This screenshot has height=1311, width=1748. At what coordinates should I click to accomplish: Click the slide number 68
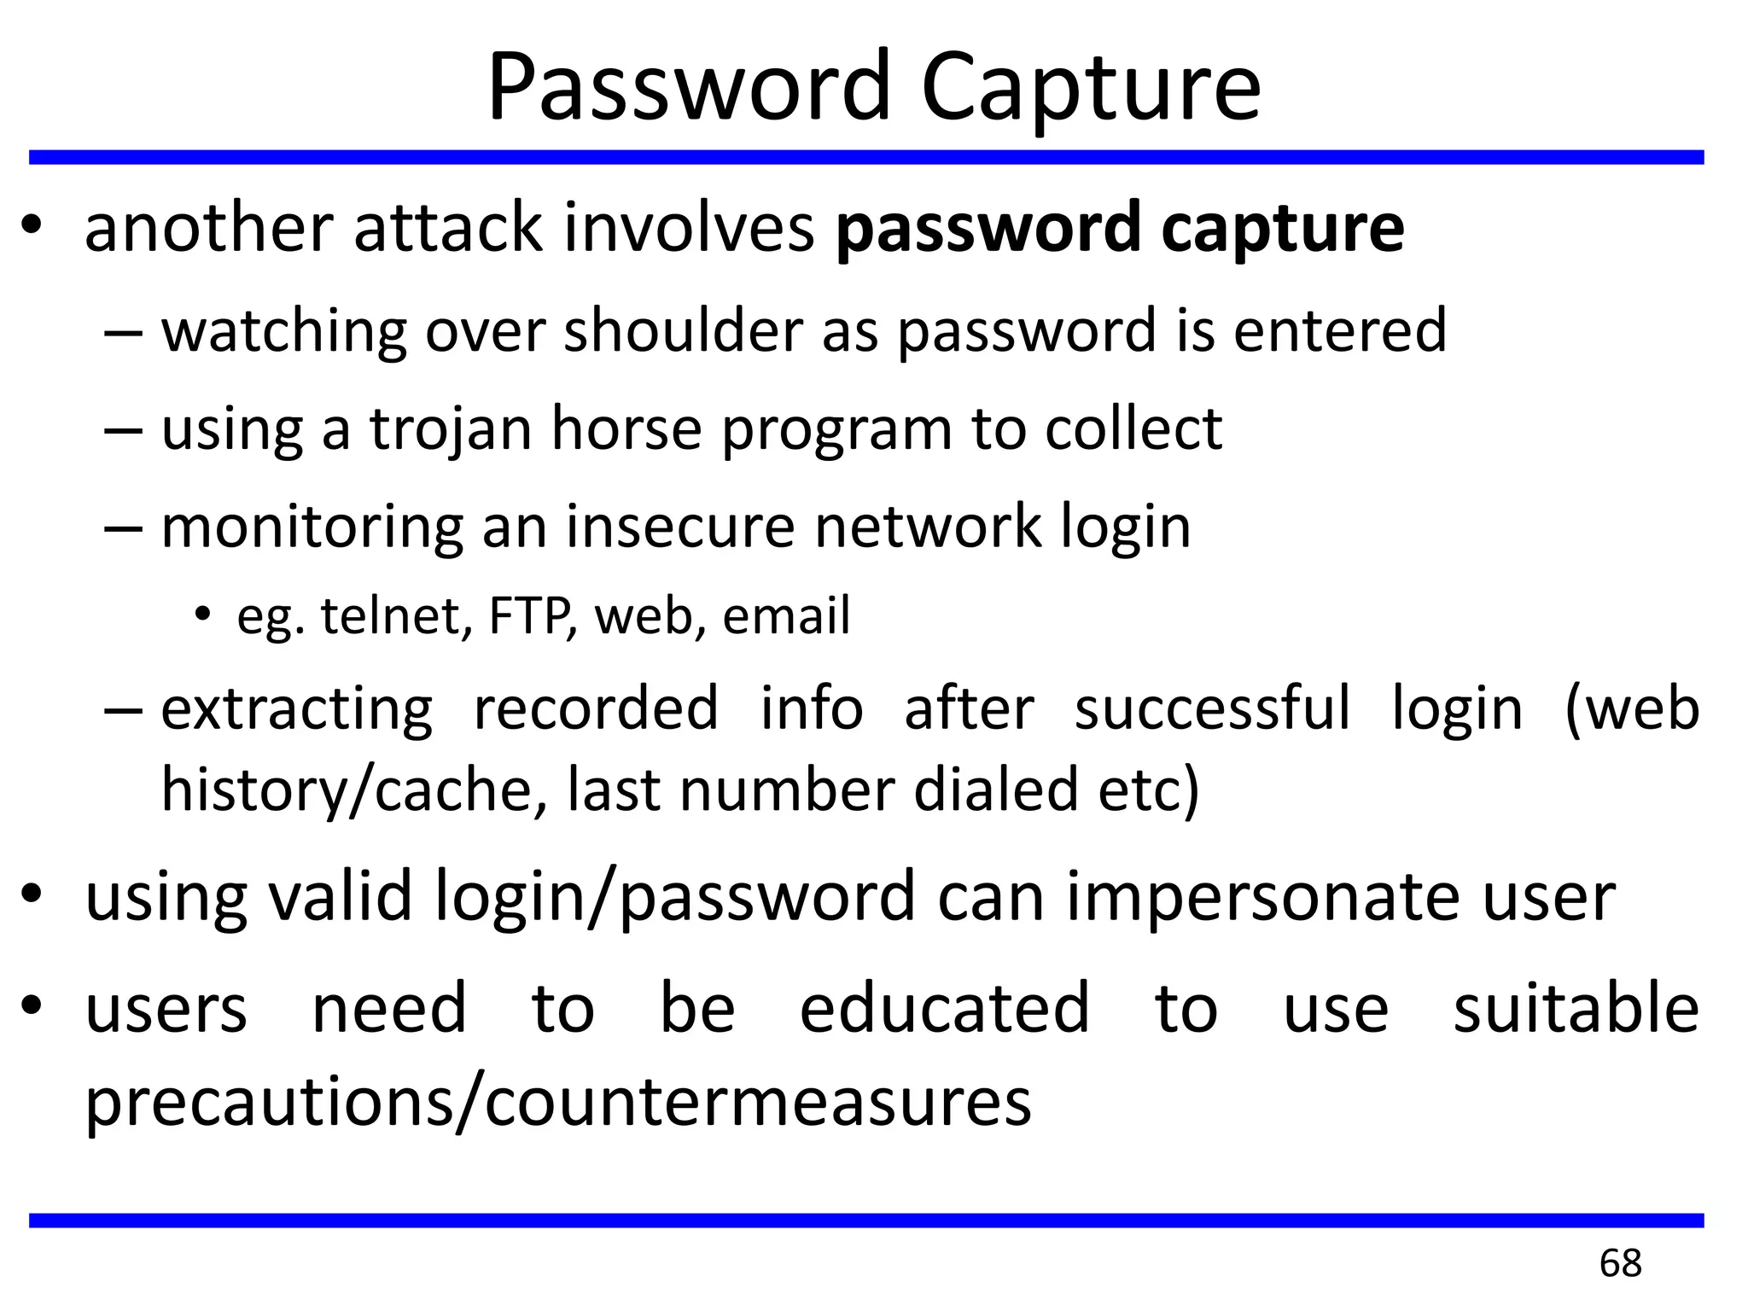1620,1263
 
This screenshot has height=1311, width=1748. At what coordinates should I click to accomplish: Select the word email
786,616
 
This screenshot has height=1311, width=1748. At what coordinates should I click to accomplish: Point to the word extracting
297,709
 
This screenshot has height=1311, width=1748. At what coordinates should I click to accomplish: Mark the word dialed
995,790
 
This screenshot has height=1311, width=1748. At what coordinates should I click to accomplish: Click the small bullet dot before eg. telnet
201,615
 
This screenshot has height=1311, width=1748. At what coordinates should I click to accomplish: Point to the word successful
1212,709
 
